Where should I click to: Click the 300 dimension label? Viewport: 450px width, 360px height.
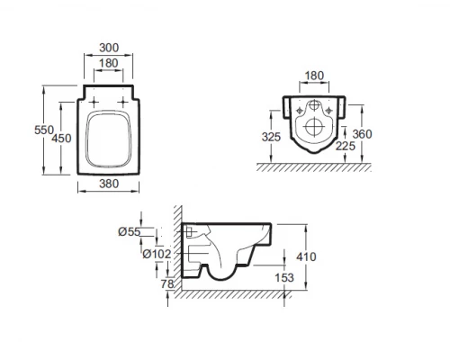(x=109, y=48)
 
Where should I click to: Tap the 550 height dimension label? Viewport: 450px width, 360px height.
(x=44, y=130)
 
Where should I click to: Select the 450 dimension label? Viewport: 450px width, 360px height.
(x=61, y=139)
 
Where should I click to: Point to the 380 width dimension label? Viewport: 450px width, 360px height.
(x=109, y=184)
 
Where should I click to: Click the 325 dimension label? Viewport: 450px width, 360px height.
(x=271, y=137)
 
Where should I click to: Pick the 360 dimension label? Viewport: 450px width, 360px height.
(x=362, y=134)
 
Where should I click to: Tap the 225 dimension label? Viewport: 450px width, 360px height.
(x=346, y=146)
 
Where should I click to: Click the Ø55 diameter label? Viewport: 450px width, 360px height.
(x=130, y=231)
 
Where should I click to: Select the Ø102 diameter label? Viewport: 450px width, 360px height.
(x=157, y=254)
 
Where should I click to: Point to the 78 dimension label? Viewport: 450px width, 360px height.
(x=167, y=283)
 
